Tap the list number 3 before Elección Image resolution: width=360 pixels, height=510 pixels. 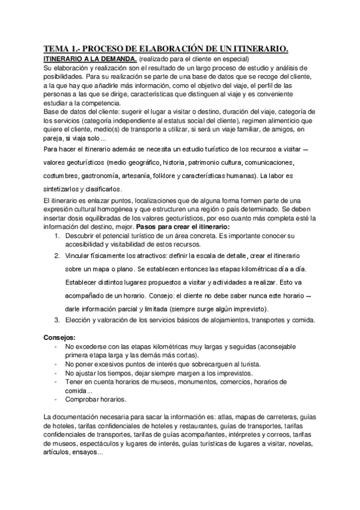56,319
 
